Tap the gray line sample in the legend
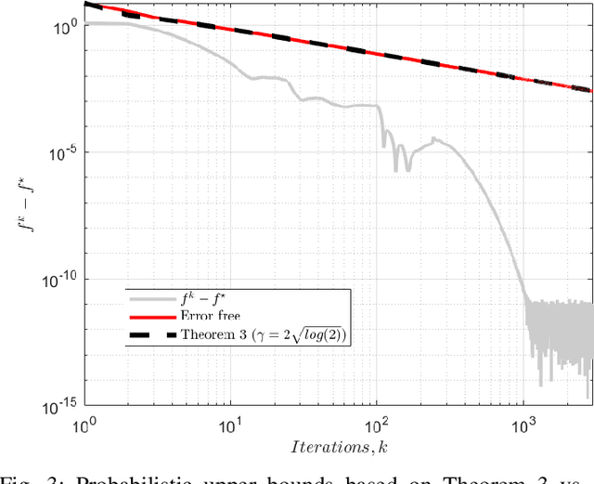[x=152, y=298]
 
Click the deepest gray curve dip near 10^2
[x=396, y=169]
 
